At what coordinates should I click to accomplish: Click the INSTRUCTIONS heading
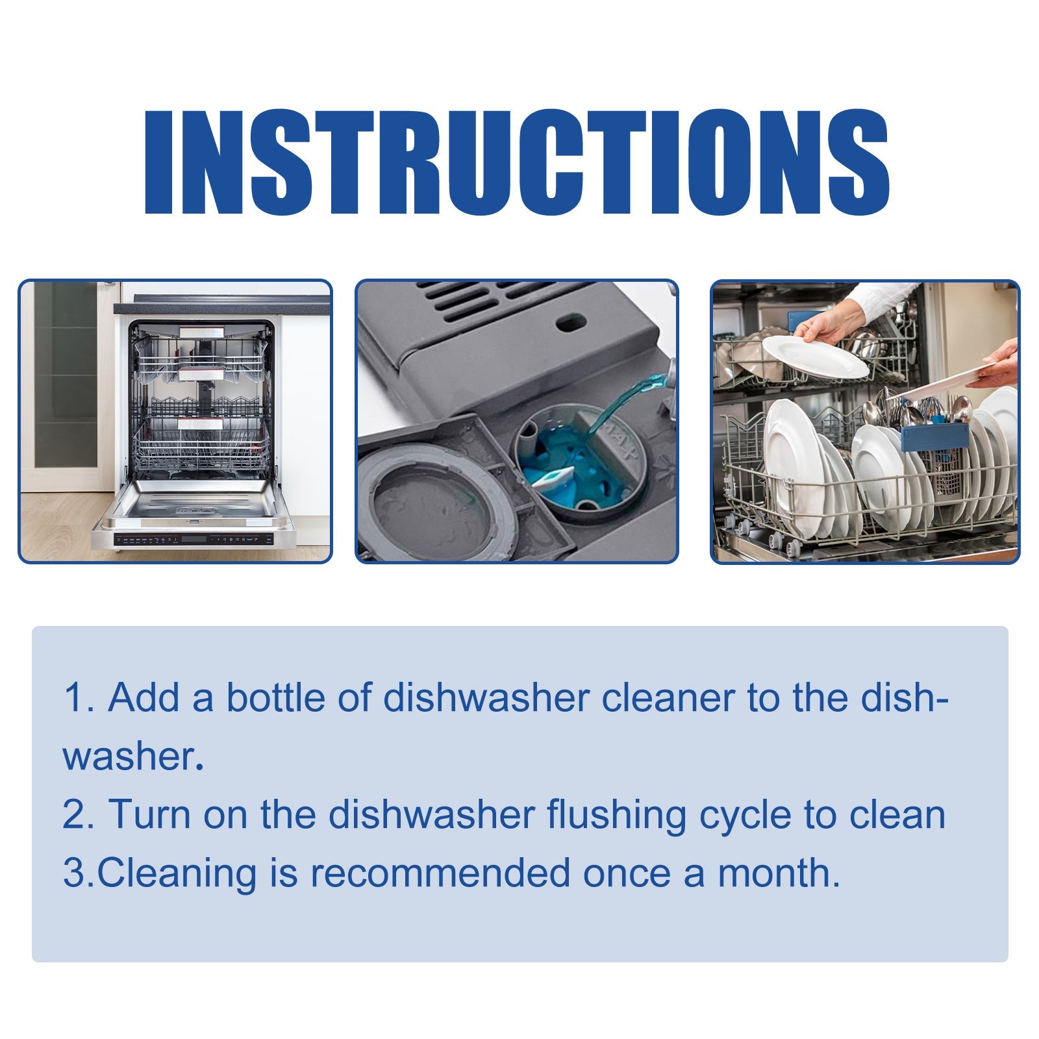tap(516, 162)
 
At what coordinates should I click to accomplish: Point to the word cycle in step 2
tap(745, 816)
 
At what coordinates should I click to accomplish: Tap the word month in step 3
tap(778, 873)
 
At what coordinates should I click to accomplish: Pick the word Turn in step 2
tap(149, 814)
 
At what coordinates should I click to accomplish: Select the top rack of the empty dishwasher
tap(201, 364)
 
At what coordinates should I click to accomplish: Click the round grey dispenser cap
tap(435, 500)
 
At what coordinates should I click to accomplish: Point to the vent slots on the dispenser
tap(494, 305)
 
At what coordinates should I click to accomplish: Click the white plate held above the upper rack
tap(815, 357)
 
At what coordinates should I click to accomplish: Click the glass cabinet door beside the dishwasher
tap(65, 377)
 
